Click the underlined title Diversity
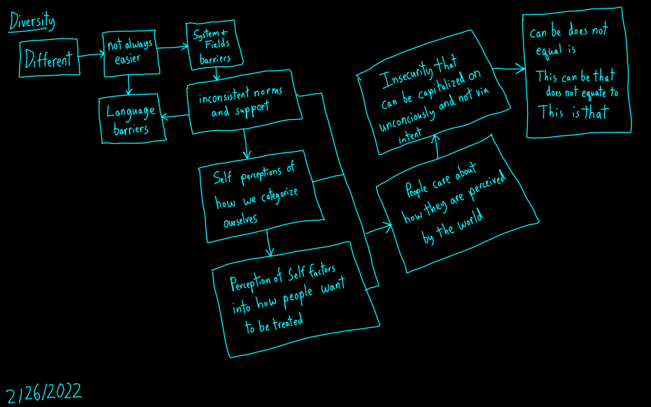[32, 22]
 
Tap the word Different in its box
[49, 60]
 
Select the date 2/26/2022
[44, 392]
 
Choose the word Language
[130, 113]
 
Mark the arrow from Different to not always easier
[92, 56]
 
